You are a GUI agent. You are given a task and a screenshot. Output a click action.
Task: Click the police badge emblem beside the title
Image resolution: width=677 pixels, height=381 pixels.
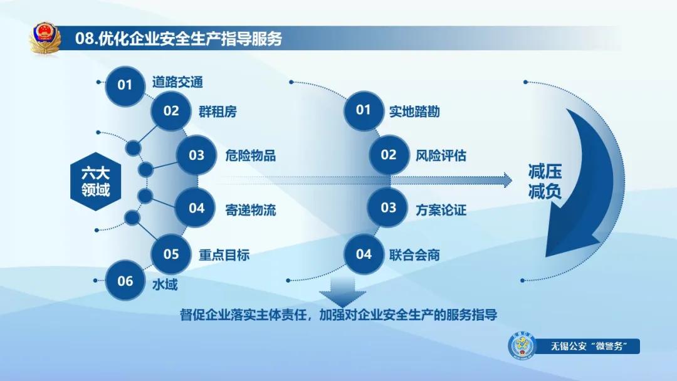click(45, 39)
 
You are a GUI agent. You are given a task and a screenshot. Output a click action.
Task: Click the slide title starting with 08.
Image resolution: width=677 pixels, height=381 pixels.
click(178, 39)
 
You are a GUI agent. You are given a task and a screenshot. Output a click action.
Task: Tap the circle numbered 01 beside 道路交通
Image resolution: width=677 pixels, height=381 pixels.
click(125, 83)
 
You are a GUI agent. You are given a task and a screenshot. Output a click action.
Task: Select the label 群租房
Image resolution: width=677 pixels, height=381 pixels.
click(218, 112)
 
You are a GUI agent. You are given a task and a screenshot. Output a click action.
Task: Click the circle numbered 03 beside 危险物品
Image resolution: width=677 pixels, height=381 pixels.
click(197, 155)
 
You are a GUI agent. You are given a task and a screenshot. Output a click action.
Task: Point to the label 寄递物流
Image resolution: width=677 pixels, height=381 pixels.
click(250, 209)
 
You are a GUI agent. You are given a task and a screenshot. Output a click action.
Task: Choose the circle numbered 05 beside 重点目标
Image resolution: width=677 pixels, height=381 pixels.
click(171, 254)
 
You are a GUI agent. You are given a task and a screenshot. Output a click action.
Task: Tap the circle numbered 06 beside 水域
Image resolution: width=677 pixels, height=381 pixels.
click(125, 281)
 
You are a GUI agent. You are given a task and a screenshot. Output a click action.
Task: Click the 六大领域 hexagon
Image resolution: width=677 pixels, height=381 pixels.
click(95, 181)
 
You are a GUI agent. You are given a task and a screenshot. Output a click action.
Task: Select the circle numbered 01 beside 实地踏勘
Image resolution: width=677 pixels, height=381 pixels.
click(364, 111)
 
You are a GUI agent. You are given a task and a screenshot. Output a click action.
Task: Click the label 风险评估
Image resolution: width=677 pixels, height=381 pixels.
click(441, 155)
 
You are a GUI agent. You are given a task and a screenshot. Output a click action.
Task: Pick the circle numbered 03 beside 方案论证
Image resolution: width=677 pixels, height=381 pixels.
click(389, 208)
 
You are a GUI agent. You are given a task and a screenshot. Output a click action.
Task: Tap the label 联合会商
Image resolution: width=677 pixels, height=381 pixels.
click(414, 254)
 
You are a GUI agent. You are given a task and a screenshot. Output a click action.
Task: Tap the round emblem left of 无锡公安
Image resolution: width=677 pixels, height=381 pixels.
click(522, 347)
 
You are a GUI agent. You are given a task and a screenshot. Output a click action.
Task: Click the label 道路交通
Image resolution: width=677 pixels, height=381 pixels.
click(177, 82)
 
